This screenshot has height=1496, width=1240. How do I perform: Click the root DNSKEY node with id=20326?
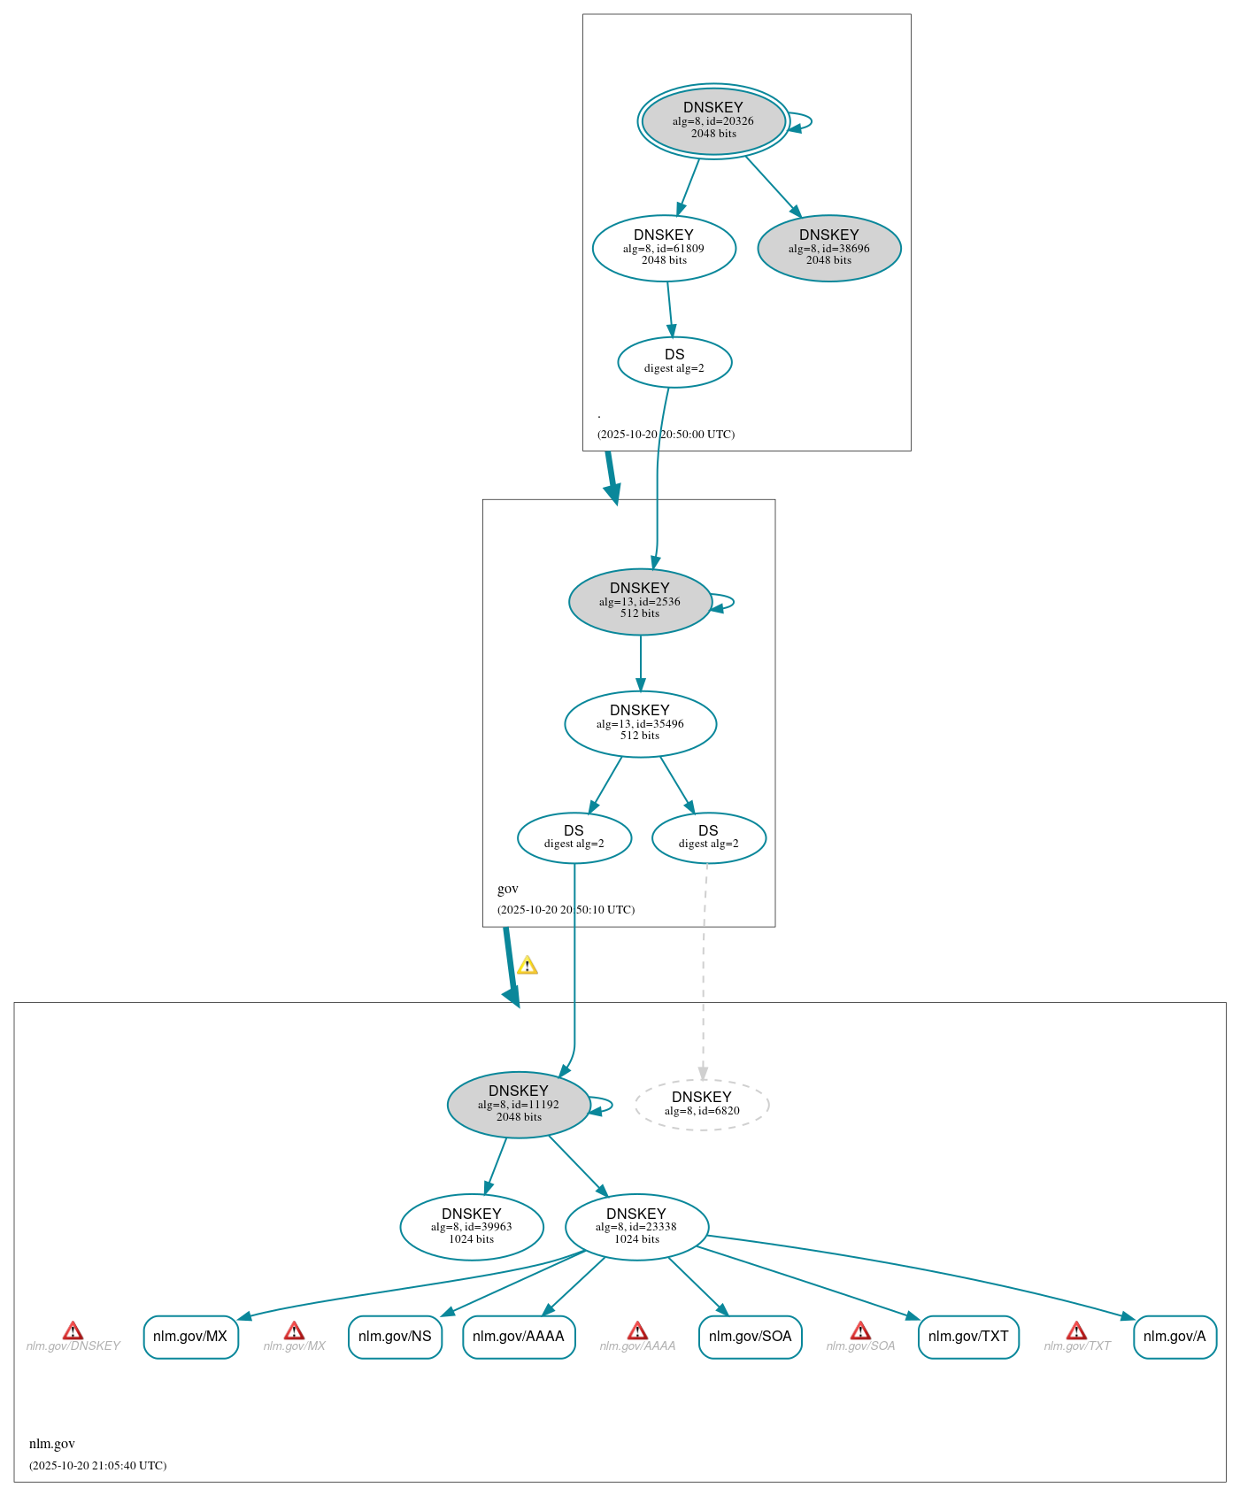[x=713, y=121]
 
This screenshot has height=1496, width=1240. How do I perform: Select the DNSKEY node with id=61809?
[x=664, y=248]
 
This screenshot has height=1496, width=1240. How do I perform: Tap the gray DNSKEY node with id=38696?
[x=829, y=248]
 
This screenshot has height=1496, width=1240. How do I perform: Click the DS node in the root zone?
[x=674, y=361]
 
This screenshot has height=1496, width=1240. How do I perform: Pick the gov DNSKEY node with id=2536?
[x=640, y=601]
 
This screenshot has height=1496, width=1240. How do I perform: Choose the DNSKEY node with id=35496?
[x=640, y=723]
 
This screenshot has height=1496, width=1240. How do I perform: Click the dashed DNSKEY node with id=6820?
[x=702, y=1104]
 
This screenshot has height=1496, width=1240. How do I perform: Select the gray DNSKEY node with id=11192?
[x=519, y=1104]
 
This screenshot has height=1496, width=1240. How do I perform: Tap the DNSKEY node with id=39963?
[x=472, y=1226]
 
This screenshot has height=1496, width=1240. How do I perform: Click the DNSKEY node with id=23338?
[x=636, y=1226]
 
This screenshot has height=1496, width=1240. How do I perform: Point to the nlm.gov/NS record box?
[x=395, y=1336]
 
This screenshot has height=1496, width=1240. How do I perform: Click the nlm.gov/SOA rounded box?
[x=750, y=1336]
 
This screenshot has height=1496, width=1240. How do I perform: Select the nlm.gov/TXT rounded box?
[x=968, y=1336]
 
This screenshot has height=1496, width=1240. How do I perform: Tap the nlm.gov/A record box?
[x=1175, y=1336]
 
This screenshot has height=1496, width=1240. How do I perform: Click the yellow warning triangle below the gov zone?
[x=528, y=965]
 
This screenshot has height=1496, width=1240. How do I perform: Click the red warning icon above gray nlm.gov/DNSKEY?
[x=73, y=1330]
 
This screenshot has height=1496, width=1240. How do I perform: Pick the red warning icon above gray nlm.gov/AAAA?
[x=637, y=1330]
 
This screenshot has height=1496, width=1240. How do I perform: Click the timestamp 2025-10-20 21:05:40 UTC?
[x=97, y=1465]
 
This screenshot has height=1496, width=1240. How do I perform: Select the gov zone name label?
[x=508, y=889]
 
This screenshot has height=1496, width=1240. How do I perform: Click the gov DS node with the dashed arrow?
[x=708, y=837]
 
